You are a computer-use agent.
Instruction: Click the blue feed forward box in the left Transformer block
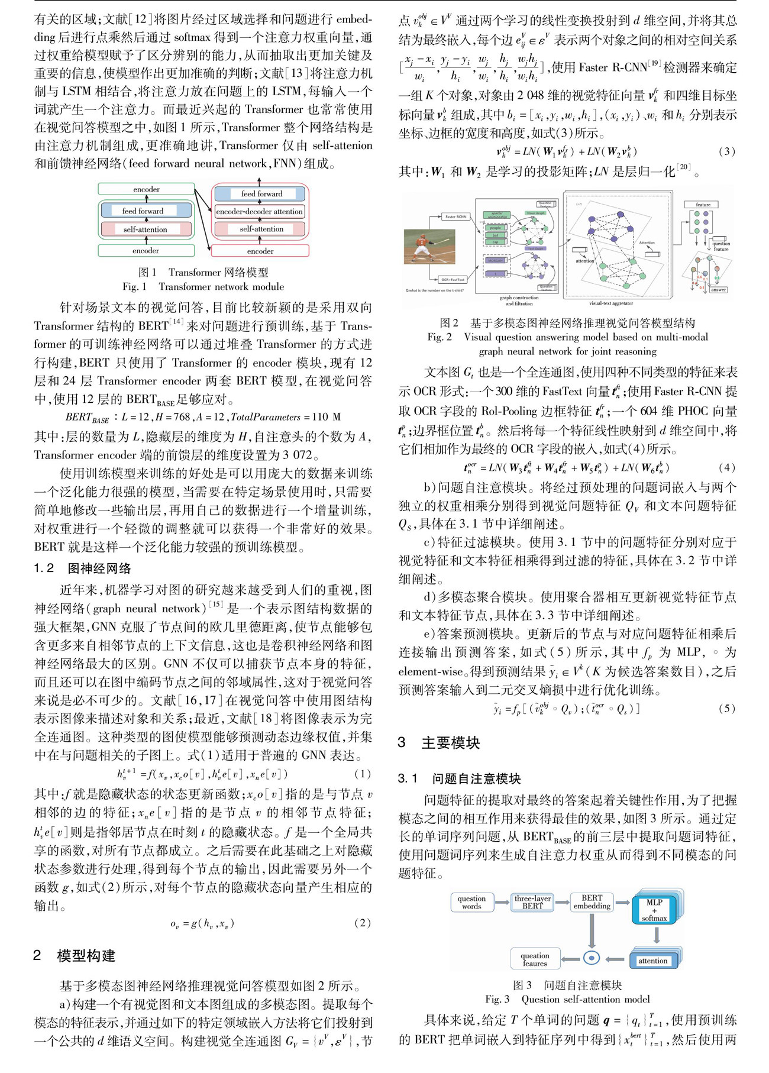(146, 211)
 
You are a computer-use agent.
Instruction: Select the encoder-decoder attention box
(259, 211)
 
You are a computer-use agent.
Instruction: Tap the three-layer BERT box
(532, 902)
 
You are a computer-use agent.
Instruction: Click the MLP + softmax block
(654, 910)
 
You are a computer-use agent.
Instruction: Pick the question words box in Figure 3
(471, 902)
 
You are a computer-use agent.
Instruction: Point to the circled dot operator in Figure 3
(592, 958)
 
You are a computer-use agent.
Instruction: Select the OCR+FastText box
(453, 279)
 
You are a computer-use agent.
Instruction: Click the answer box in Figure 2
(718, 290)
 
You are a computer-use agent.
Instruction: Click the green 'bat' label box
(495, 235)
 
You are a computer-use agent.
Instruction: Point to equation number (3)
(726, 151)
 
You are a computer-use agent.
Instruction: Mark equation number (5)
(726, 708)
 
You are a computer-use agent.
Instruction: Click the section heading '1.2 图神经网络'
(82, 568)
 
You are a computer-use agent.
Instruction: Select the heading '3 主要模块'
(439, 743)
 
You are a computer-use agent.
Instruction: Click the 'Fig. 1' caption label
(134, 286)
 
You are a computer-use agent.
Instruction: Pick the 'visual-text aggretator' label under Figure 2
(610, 303)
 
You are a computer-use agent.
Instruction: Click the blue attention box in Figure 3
(652, 961)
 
